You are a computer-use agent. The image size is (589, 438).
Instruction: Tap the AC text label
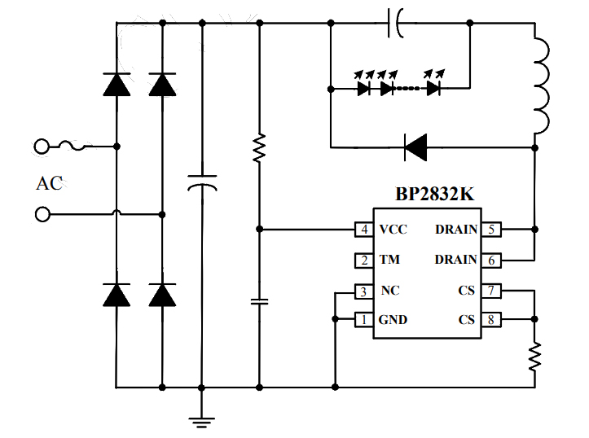click(49, 183)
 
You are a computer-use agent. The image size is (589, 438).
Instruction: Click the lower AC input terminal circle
click(42, 215)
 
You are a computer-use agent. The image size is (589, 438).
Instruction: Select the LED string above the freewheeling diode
click(399, 86)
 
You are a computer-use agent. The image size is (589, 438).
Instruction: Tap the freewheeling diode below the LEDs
click(416, 147)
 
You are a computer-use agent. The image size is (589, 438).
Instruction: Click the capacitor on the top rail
click(395, 24)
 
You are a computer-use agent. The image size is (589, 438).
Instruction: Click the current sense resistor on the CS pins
click(534, 355)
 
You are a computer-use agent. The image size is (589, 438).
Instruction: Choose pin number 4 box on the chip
click(363, 230)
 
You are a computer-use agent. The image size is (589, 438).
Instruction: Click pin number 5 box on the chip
click(492, 230)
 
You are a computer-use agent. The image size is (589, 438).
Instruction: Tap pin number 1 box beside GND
click(363, 320)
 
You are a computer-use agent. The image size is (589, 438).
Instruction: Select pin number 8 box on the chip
click(492, 320)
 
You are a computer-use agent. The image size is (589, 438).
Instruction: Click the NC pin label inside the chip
click(389, 291)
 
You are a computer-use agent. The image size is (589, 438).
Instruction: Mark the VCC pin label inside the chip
click(393, 230)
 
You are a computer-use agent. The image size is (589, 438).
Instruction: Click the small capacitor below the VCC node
click(259, 301)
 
